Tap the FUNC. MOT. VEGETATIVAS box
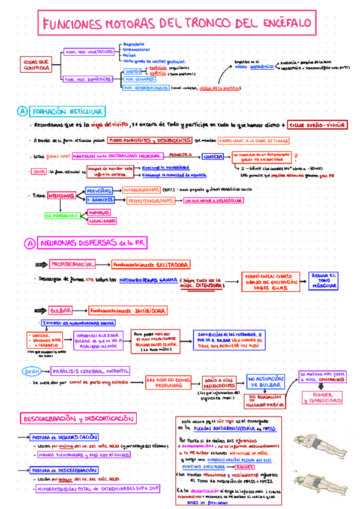tap(89, 52)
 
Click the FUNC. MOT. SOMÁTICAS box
tap(88, 79)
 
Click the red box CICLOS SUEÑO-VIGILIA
tap(317, 125)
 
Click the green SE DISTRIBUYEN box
tap(62, 215)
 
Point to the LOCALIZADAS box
tap(101, 221)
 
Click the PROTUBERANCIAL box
tap(73, 264)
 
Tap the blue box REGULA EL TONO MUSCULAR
tap(323, 280)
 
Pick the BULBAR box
tap(61, 310)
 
